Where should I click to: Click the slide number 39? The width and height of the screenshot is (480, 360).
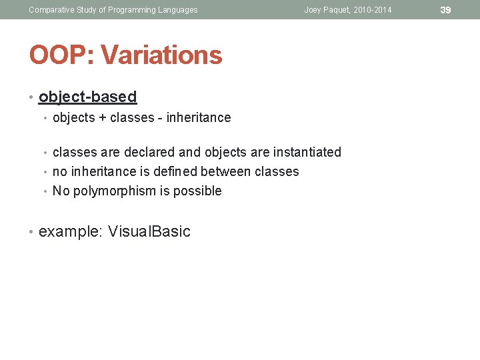[445, 10]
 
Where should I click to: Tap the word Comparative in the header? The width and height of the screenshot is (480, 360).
[51, 10]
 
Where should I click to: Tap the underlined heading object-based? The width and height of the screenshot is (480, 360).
[87, 97]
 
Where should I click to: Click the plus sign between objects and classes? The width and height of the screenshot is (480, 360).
[101, 118]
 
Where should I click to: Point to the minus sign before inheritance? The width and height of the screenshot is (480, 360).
[160, 118]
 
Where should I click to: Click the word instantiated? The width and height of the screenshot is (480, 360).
[307, 152]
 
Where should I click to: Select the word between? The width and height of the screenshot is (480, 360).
[229, 171]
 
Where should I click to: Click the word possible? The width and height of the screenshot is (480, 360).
[197, 191]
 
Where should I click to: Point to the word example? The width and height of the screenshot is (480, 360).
[68, 231]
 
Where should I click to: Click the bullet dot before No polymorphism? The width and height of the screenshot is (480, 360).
[45, 191]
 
